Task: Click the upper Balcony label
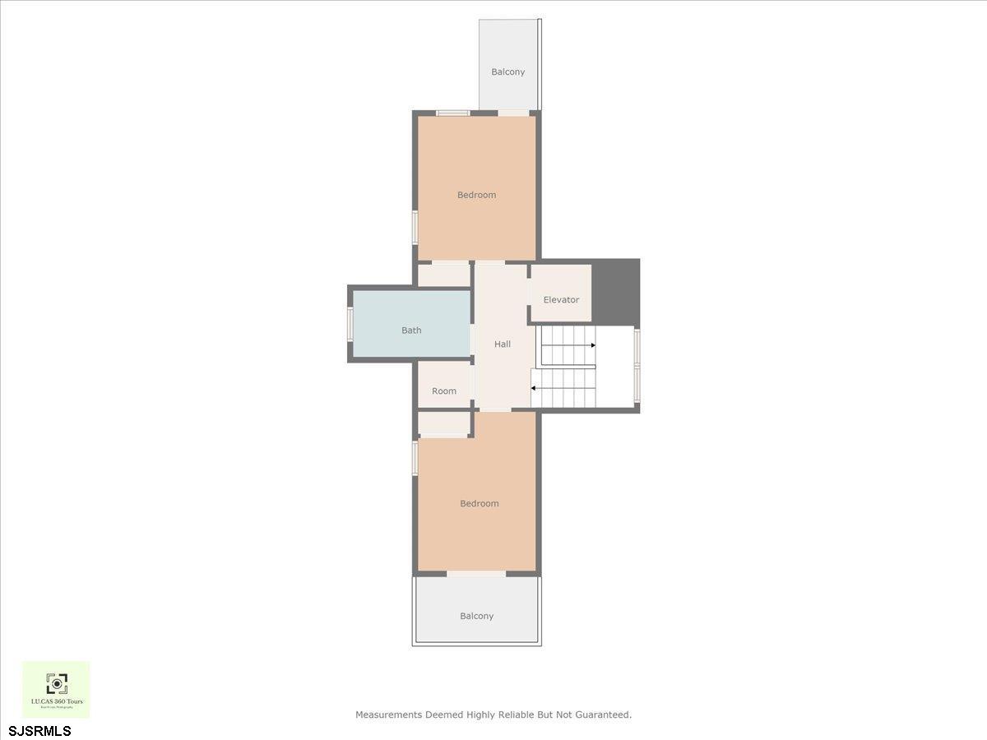507,72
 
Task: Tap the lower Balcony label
477,616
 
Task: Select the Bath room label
411,331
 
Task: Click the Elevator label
561,300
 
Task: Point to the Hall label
503,345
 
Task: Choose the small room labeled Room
444,391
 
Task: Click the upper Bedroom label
477,196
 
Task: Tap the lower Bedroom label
479,503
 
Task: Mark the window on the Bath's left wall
350,323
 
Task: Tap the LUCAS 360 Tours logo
56,689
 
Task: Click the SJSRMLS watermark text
40,731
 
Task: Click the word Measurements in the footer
388,715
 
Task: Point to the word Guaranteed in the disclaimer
603,715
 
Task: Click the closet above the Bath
444,275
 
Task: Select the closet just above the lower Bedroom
444,423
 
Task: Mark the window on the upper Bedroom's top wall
452,113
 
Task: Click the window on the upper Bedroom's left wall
415,227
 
